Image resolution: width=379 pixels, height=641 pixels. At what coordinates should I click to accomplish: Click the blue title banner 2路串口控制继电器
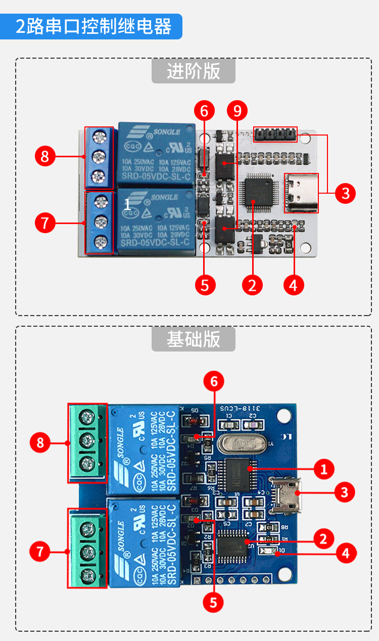click(93, 26)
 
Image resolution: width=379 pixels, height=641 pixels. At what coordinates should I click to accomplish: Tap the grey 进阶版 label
click(194, 71)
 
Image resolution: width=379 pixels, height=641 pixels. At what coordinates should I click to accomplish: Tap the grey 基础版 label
click(194, 339)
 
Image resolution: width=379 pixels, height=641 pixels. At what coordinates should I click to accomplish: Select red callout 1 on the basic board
click(324, 469)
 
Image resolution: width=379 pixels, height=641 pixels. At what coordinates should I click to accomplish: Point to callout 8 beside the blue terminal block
click(45, 156)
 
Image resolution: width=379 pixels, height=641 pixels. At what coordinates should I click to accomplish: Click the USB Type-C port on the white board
click(302, 193)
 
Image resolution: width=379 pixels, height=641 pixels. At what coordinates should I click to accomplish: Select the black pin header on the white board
click(275, 134)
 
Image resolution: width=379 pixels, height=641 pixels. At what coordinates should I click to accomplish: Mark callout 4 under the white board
click(294, 285)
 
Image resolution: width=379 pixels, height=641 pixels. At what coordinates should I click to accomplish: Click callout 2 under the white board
click(252, 285)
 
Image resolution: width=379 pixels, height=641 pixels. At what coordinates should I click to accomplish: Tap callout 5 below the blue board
click(213, 601)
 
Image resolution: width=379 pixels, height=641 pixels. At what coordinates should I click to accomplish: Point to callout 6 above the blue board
click(214, 382)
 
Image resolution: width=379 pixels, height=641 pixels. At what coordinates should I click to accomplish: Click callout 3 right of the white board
click(345, 193)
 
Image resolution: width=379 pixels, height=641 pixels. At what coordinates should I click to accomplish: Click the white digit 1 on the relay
click(127, 204)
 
